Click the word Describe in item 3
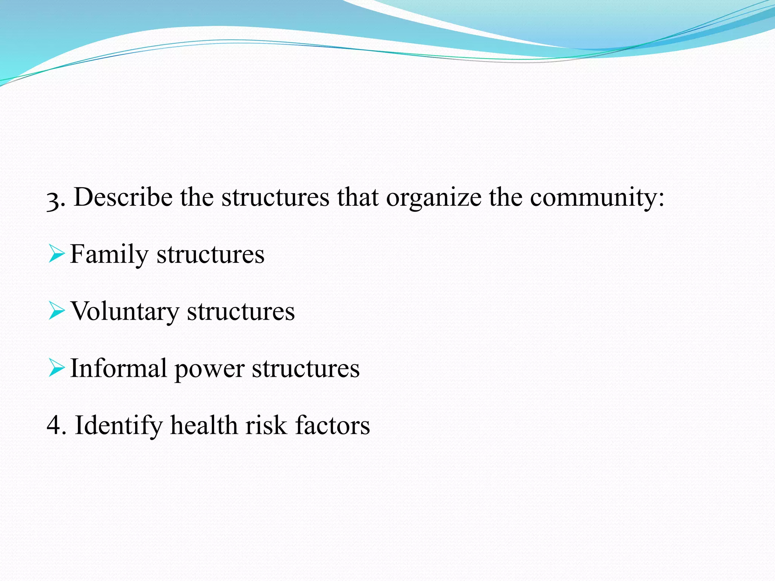pyautogui.click(x=123, y=197)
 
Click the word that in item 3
pyautogui.click(x=358, y=197)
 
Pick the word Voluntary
pyautogui.click(x=125, y=312)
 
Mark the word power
pyautogui.click(x=209, y=369)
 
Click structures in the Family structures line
pyautogui.click(x=210, y=255)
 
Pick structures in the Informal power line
pyautogui.click(x=306, y=368)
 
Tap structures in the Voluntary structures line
pyautogui.click(x=241, y=312)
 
